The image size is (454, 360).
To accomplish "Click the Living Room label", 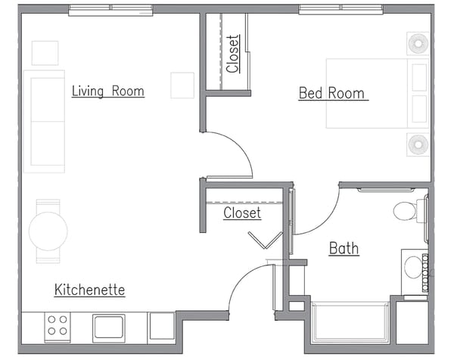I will (x=107, y=92).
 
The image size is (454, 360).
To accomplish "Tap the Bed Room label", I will (x=331, y=94).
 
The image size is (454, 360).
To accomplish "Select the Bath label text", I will (x=344, y=249).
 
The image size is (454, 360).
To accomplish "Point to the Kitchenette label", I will (x=89, y=290).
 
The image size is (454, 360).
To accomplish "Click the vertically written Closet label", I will (x=233, y=53).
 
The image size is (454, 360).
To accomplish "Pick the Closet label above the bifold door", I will (x=242, y=213).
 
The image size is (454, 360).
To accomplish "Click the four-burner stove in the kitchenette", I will (x=57, y=326).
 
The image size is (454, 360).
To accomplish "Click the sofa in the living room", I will (x=43, y=121).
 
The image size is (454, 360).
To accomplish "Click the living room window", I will (x=110, y=9).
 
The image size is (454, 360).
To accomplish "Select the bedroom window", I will (x=340, y=9).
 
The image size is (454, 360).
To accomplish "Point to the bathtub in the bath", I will (x=350, y=323).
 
